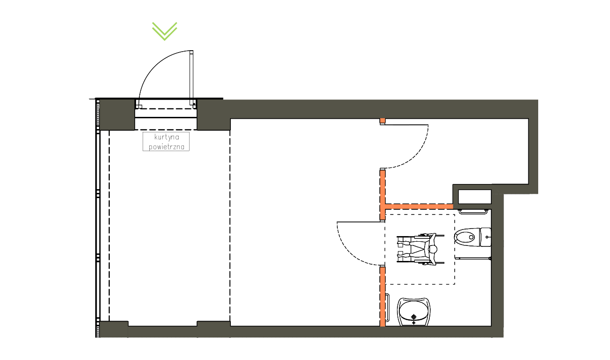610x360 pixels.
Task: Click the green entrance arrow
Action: pyautogui.click(x=165, y=31)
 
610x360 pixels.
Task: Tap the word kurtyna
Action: pyautogui.click(x=167, y=137)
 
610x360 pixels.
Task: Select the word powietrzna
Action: pyautogui.click(x=167, y=147)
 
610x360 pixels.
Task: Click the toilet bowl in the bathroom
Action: pyautogui.click(x=467, y=237)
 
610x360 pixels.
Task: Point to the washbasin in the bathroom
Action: pyautogui.click(x=414, y=312)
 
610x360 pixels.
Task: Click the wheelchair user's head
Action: pyautogui.click(x=433, y=249)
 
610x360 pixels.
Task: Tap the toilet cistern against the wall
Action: pyautogui.click(x=486, y=237)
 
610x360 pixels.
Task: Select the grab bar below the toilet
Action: pyautogui.click(x=473, y=258)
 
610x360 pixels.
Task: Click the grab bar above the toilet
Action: pyautogui.click(x=473, y=212)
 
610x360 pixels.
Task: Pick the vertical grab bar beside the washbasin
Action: pyautogui.click(x=388, y=308)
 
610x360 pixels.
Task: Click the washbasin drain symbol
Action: pyautogui.click(x=414, y=317)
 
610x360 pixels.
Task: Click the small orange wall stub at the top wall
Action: pyautogui.click(x=382, y=121)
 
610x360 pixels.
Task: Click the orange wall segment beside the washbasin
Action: pyautogui.click(x=382, y=297)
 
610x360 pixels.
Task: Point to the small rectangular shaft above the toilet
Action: pyautogui.click(x=475, y=197)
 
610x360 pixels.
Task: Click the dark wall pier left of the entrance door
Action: pyautogui.click(x=117, y=115)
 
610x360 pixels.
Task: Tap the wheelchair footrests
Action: pyautogui.click(x=400, y=249)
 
